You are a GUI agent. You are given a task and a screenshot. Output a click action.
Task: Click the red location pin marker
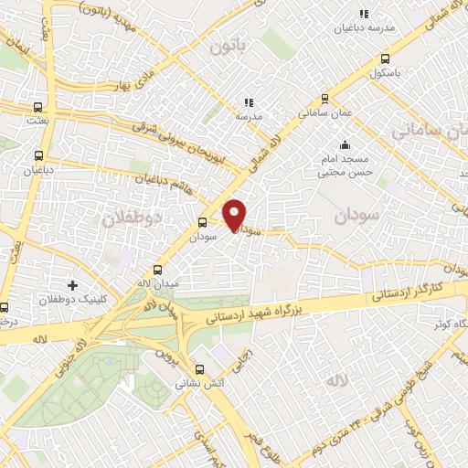pos(236,214)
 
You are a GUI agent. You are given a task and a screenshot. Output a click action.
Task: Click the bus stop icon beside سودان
pos(202,221)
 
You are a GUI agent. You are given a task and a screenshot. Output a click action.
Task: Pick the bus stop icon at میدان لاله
pos(158,270)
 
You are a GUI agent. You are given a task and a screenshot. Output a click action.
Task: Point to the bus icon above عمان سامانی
pos(324,100)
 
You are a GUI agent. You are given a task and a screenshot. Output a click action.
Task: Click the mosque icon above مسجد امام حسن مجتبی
pos(345,144)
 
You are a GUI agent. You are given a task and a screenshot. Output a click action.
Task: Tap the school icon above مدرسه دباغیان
pos(363,14)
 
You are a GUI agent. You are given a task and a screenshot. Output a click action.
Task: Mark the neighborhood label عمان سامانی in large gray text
pos(430,131)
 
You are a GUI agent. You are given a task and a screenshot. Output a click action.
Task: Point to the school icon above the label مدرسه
pos(248,102)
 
